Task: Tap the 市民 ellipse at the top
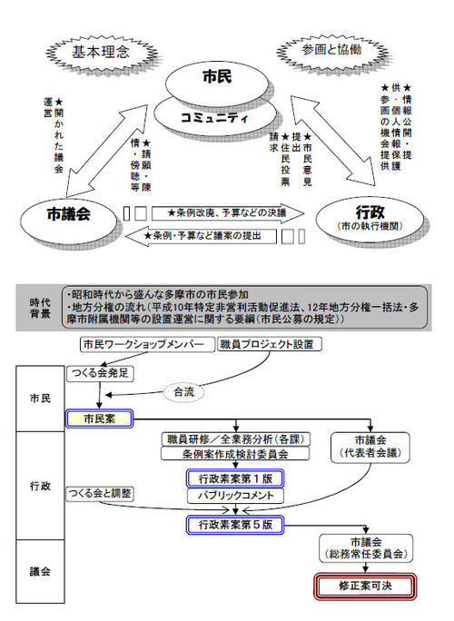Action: [x=217, y=80]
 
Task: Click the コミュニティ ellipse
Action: [x=217, y=117]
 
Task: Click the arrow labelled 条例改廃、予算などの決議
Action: [x=218, y=212]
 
